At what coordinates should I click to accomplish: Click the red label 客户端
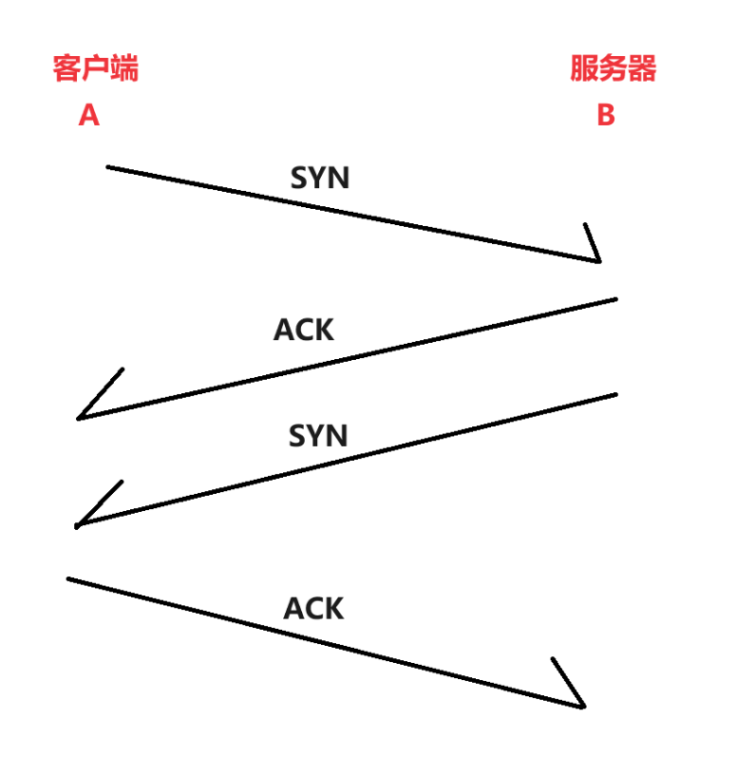96,68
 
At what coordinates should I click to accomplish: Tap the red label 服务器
613,68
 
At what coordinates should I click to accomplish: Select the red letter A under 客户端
88,115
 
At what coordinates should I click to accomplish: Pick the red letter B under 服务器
605,115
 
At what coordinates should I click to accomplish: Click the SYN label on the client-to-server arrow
319,178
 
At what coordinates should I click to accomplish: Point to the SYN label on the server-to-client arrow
319,436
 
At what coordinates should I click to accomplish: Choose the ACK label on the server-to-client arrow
304,330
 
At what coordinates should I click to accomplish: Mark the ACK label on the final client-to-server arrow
313,608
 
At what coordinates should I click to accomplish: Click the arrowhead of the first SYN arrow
598,258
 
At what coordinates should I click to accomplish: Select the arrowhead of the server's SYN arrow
79,524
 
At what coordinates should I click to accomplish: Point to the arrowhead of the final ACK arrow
581,705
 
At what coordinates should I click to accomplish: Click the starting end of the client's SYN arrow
108,167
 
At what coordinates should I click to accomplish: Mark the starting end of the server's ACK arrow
615,299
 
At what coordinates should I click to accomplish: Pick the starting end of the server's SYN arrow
615,393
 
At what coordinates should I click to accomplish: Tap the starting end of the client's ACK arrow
68,577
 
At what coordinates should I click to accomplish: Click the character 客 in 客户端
67,68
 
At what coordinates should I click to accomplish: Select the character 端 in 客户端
124,68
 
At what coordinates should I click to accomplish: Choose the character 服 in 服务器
584,68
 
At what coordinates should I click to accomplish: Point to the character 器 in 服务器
642,68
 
